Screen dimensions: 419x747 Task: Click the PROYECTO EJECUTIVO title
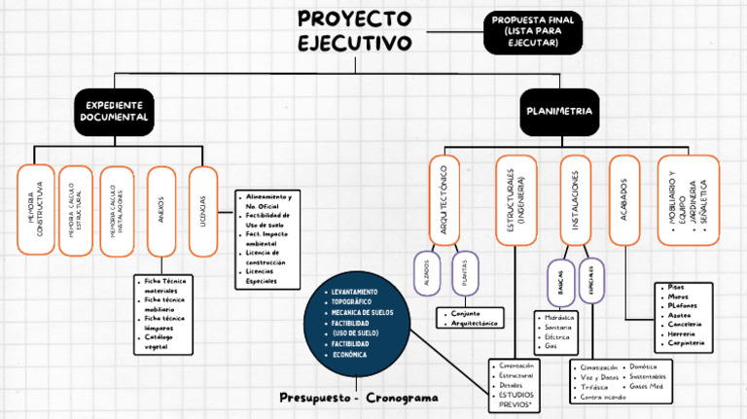tap(354, 31)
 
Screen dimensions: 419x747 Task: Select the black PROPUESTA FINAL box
tap(533, 32)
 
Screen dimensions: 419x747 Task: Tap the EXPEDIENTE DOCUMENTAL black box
tap(114, 111)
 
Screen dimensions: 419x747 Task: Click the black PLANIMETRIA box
tap(558, 111)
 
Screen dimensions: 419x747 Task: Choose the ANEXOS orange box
tap(161, 210)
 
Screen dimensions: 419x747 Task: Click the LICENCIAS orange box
tap(202, 210)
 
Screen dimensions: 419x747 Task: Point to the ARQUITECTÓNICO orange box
tap(445, 199)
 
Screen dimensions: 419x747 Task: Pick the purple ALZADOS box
tap(426, 274)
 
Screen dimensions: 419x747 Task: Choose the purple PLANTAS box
tap(465, 274)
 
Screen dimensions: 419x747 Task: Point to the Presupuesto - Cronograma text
tap(358, 398)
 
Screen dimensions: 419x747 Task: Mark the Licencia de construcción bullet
tap(266, 258)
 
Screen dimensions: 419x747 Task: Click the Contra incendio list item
tap(603, 398)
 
